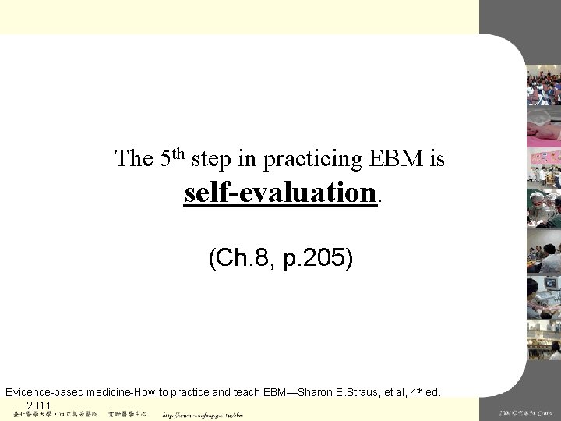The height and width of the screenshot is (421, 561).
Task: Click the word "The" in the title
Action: tap(133, 159)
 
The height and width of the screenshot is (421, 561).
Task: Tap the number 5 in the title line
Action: tap(165, 159)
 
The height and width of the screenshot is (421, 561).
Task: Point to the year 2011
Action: tap(38, 405)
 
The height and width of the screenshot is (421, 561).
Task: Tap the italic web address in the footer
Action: tap(202, 415)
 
